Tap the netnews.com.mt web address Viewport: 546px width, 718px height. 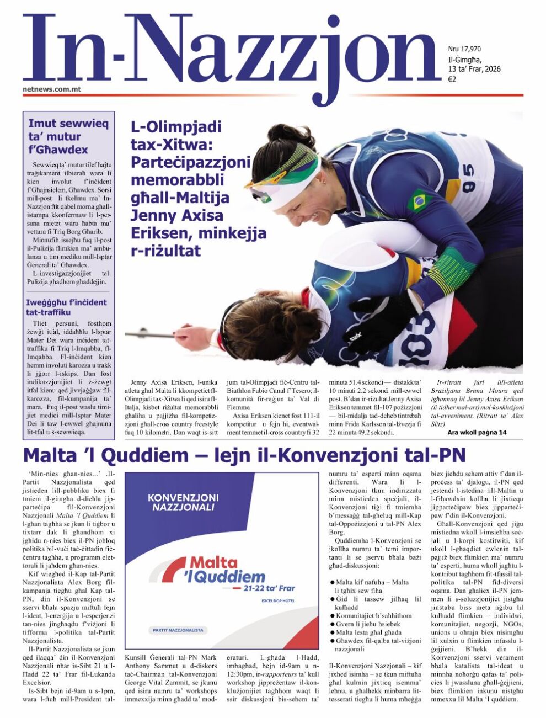point(52,88)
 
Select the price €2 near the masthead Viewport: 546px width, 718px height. point(452,79)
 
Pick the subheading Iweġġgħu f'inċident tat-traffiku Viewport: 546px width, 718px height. point(66,307)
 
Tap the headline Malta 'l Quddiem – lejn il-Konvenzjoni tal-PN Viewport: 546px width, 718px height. point(244,455)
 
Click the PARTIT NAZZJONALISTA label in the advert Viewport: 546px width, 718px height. point(178,630)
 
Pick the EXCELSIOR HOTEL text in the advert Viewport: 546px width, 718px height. point(278,600)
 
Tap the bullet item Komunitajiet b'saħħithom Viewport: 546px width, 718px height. point(373,615)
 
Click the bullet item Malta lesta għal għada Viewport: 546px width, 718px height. point(368,632)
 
